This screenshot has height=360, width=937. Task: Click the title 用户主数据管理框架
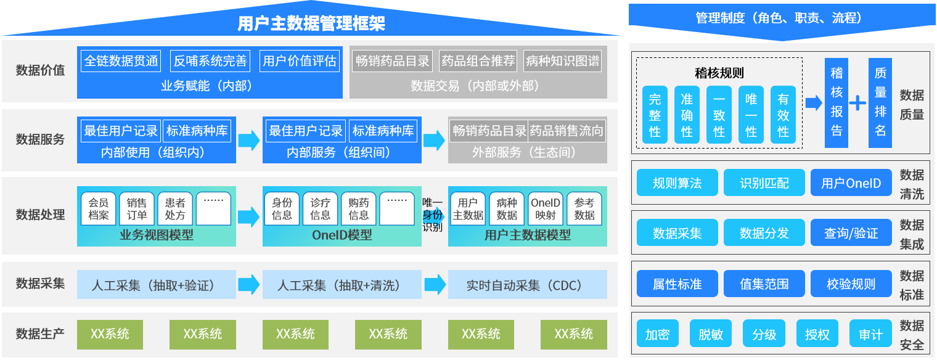tap(311, 23)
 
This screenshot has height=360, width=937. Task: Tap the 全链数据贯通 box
tap(121, 61)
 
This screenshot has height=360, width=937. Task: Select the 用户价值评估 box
tap(300, 61)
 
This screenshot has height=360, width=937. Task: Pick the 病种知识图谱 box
tap(562, 61)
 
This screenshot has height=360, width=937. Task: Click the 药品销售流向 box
tap(567, 131)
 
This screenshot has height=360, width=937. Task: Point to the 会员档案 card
tap(99, 208)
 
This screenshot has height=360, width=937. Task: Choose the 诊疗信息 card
tap(321, 208)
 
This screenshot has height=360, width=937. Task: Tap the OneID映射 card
tap(546, 208)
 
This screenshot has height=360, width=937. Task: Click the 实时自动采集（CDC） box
tap(527, 285)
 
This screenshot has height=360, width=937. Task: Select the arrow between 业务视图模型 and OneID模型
tap(249, 216)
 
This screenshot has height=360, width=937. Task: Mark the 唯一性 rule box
tap(751, 115)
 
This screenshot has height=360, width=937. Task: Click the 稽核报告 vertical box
tap(837, 103)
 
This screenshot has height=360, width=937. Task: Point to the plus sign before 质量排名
tap(857, 103)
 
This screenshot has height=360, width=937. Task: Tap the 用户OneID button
tap(851, 183)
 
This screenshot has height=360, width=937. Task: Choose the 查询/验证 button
tap(851, 233)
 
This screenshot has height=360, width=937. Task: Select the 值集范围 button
tap(764, 284)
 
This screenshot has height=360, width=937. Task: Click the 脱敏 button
tap(711, 334)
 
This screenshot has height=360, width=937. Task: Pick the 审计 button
tap(870, 334)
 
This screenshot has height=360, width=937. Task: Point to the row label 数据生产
tap(40, 334)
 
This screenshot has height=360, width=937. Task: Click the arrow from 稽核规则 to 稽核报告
tap(814, 103)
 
